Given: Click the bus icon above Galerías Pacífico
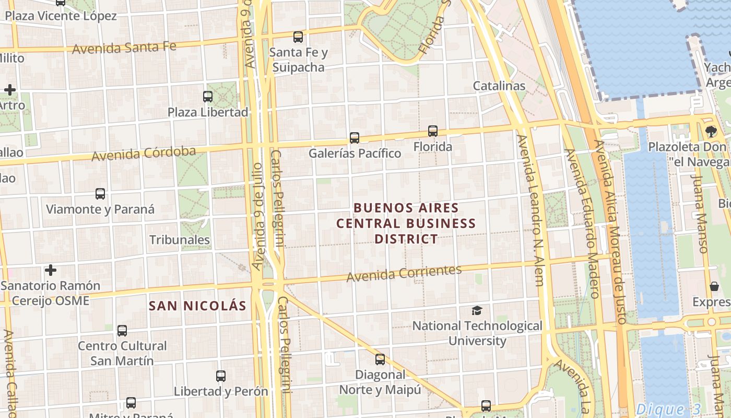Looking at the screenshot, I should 355,138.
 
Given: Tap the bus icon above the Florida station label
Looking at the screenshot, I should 433,131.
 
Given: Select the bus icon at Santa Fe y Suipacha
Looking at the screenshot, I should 298,37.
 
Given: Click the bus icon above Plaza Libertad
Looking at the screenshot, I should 208,97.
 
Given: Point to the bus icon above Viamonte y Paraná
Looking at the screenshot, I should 100,194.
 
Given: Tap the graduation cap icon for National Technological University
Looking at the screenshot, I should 477,311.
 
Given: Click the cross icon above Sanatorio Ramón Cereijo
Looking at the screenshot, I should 51,270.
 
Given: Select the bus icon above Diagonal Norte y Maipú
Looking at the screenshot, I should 380,359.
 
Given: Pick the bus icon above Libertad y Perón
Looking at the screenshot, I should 221,376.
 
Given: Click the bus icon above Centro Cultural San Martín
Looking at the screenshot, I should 122,331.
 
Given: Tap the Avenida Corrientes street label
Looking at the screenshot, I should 404,273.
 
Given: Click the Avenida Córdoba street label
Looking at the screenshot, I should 144,154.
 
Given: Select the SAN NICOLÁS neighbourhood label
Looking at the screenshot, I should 197,306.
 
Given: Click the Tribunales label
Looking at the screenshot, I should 180,240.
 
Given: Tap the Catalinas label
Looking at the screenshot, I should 499,86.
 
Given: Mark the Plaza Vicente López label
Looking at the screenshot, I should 61,16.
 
